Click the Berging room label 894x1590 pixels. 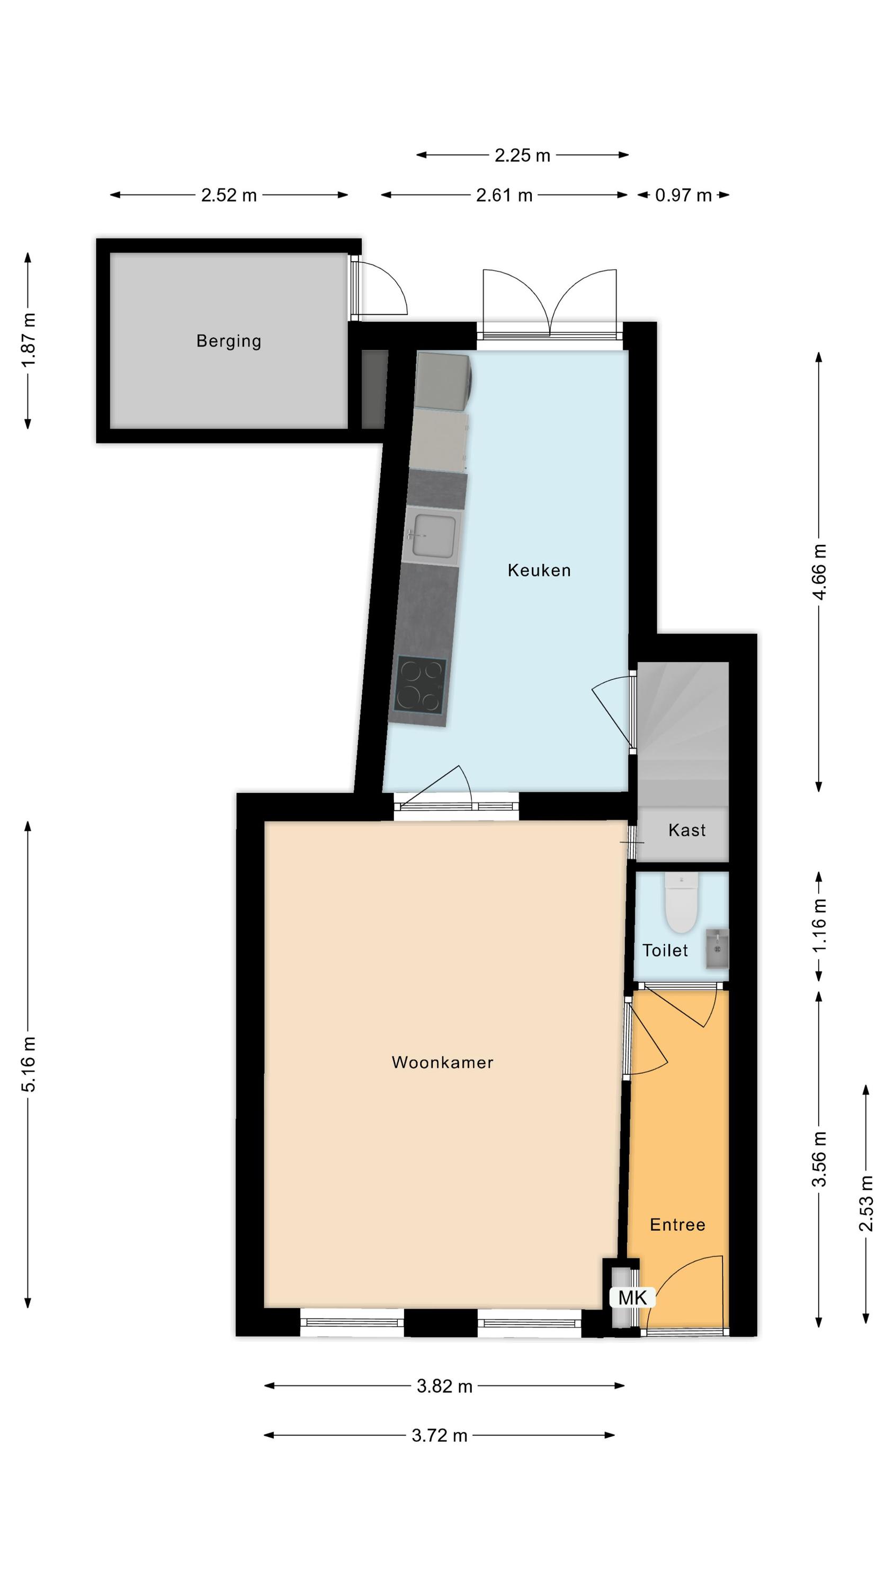click(x=228, y=341)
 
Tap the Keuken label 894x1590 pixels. click(x=539, y=570)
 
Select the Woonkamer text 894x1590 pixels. click(x=442, y=1062)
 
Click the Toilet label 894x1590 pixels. click(x=665, y=950)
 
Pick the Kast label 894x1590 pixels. click(x=687, y=829)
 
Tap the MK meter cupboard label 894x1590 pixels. click(x=632, y=1297)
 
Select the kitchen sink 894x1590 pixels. click(x=434, y=535)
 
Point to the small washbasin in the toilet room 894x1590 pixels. click(x=717, y=948)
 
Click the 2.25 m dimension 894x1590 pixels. click(x=522, y=155)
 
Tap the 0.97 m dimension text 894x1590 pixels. click(x=683, y=195)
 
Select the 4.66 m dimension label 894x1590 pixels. click(x=819, y=571)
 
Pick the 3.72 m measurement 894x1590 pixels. click(x=439, y=1435)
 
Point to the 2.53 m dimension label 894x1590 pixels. click(x=866, y=1204)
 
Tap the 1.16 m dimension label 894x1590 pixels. click(x=819, y=926)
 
